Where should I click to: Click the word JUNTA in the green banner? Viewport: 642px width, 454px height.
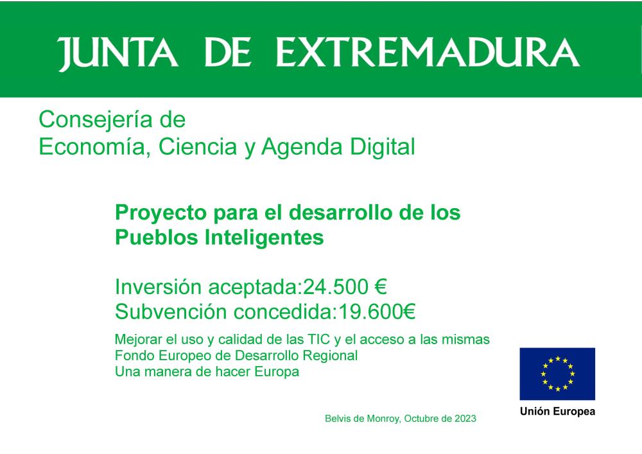[x=117, y=53]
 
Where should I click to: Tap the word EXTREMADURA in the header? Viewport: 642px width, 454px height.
[x=428, y=52]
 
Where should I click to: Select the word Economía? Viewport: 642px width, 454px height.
[x=92, y=146]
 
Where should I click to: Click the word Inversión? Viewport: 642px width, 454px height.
[x=158, y=286]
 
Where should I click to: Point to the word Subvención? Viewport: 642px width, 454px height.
[x=171, y=311]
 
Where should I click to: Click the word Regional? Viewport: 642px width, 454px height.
[x=330, y=356]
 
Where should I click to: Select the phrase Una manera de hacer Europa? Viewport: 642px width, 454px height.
[x=207, y=372]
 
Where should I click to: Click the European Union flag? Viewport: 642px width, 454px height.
[x=557, y=374]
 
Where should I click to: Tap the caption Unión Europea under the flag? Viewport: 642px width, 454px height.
[x=557, y=412]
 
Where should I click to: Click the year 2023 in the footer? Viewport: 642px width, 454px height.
[x=465, y=419]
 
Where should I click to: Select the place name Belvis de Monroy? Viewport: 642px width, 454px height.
[x=363, y=419]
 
